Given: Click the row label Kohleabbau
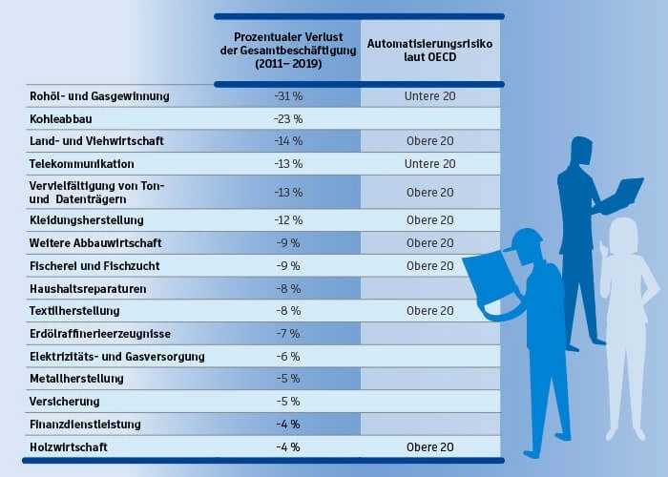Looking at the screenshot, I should point(60,118).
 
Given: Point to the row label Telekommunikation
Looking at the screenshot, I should point(82,164).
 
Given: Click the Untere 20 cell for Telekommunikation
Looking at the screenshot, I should point(430,164).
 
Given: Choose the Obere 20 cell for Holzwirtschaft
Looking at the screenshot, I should point(430,446).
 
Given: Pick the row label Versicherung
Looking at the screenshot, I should point(64,402).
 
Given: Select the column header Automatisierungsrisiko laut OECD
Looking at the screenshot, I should point(430,51).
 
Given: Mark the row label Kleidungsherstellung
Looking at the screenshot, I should point(87,220).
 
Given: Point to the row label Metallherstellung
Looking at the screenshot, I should point(76,379).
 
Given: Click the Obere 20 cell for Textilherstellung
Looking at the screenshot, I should point(430,311).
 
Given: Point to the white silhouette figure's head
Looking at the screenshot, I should point(625,235).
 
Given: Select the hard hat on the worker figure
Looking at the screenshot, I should point(524,242).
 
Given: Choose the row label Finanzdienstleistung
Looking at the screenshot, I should point(85,424).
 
